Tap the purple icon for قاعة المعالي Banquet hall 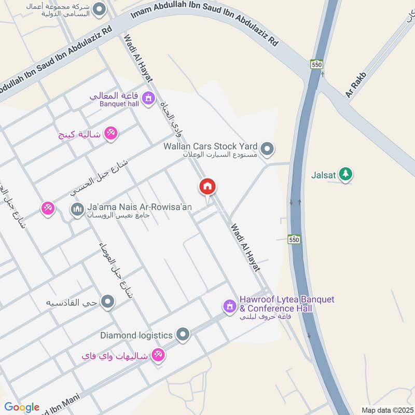point(148,98)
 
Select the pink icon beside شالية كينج point(110,134)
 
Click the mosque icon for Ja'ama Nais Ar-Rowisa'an point(77,210)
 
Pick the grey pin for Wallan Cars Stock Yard point(267,149)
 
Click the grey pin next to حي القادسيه point(107,301)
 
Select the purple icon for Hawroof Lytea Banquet point(229,307)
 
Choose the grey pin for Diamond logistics point(183,335)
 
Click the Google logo point(22,407)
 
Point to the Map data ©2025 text point(386,410)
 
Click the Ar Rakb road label point(356,85)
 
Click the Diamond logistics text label point(136,336)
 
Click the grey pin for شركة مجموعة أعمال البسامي point(99,9)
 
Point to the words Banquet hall point(119,103)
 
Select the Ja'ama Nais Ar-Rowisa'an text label point(140,207)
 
